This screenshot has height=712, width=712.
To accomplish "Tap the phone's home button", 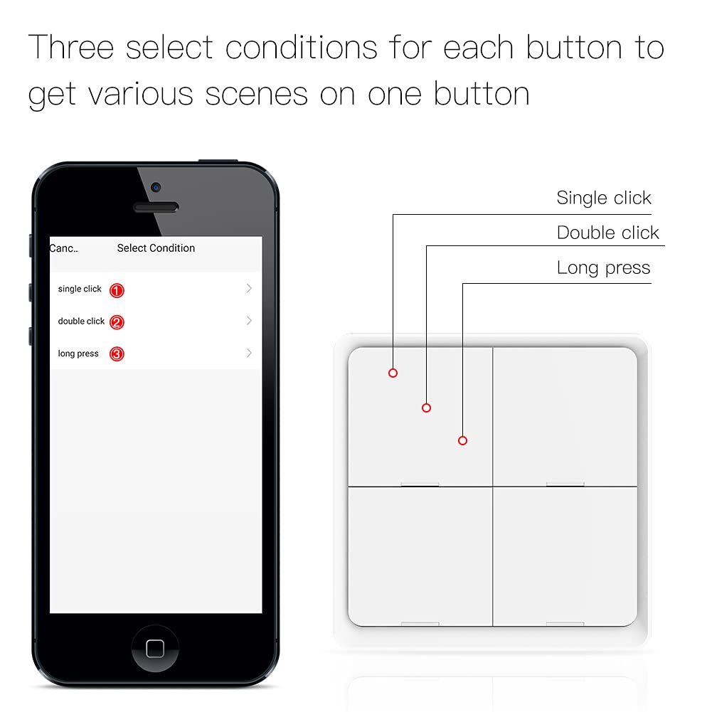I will (155, 648).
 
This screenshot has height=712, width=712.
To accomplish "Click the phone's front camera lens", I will (156, 188).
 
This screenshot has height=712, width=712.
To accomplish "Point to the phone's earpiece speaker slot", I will (156, 207).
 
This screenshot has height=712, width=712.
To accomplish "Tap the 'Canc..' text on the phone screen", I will (64, 248).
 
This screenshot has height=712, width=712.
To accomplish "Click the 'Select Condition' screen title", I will (156, 248).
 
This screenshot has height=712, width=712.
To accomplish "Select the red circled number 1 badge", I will (117, 290).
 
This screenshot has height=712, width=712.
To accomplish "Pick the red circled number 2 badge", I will (117, 322).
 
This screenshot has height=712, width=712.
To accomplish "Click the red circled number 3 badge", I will (117, 354).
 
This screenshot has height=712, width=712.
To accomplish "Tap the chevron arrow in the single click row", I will (249, 289).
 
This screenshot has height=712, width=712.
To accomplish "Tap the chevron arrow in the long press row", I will (249, 354).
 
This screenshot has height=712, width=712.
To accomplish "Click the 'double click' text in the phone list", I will (81, 322).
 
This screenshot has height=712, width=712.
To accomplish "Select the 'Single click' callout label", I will (603, 198).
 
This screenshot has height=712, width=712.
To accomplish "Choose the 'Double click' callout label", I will (607, 233).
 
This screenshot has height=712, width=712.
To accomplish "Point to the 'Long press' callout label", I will (603, 268).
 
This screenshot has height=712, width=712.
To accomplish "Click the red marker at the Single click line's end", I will (393, 373).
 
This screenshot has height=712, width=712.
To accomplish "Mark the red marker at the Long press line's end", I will (462, 441).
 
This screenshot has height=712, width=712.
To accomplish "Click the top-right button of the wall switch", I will (565, 416).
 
